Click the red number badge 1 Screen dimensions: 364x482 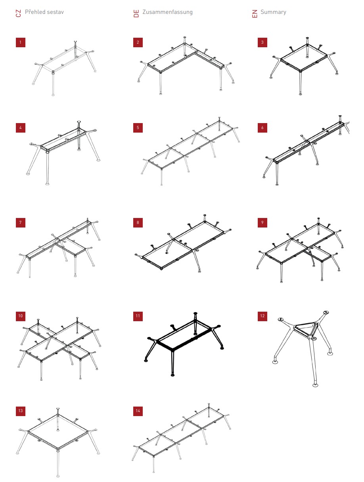click(21, 42)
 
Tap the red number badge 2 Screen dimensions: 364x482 click(138, 42)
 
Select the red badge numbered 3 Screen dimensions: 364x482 click(262, 42)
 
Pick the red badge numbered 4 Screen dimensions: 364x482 click(21, 128)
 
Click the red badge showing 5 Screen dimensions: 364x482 click(138, 128)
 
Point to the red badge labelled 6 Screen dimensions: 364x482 click(262, 128)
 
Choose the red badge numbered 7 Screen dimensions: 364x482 click(21, 222)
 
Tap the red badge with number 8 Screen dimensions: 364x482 click(138, 222)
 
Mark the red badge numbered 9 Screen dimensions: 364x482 click(262, 222)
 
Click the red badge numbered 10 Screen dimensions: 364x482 click(21, 316)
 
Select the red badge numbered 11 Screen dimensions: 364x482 click(138, 316)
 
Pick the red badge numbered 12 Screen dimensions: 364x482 click(262, 316)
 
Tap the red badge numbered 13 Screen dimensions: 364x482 click(21, 411)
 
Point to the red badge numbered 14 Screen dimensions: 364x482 click(138, 411)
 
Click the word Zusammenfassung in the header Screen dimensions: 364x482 click(167, 12)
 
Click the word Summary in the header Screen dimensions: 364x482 click(273, 12)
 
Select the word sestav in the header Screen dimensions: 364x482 click(55, 12)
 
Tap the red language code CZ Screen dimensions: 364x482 click(18, 13)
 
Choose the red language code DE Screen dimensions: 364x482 click(136, 13)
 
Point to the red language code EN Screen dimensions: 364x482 click(255, 13)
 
